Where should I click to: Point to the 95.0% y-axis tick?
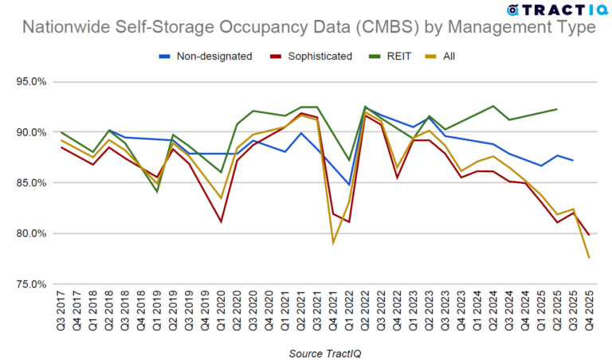pos(32,81)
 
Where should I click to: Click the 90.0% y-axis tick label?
pos(32,132)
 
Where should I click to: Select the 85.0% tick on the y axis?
pos(32,182)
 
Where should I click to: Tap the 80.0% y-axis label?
pos(32,233)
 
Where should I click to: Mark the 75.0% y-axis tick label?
pos(32,284)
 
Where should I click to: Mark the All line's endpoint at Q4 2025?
pos(589,257)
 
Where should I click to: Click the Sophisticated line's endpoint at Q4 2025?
pos(589,234)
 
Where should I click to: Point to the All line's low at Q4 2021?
pos(333,242)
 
